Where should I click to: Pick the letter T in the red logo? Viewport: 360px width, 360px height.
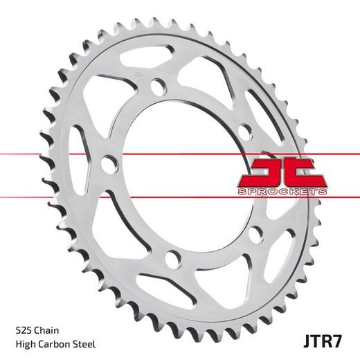[x=305, y=170]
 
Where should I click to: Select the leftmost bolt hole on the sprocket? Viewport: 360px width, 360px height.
[x=107, y=164]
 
